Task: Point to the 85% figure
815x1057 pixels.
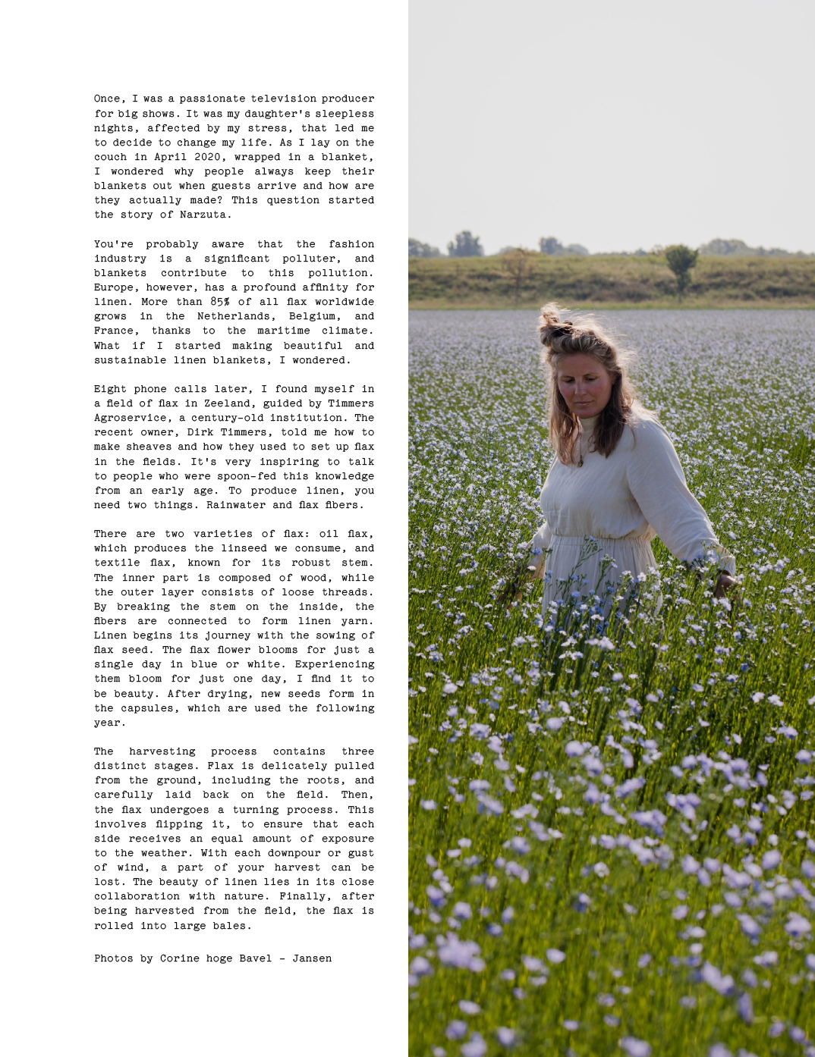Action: point(220,302)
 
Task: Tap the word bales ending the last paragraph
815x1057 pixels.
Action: point(233,926)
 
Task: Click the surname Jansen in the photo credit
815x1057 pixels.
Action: point(312,958)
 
